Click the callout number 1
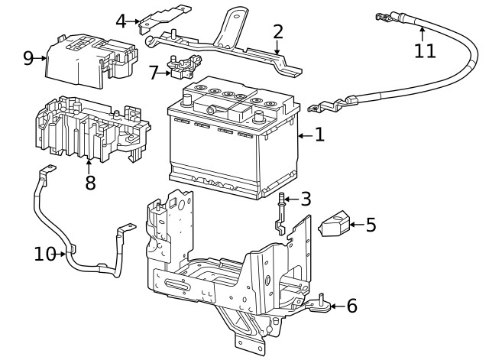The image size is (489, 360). coord(319,135)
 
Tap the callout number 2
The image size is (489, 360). coord(278,31)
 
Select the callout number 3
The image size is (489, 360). coord(306,199)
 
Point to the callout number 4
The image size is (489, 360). coord(121,21)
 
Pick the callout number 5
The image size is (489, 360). coord(371,225)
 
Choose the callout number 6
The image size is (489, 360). coord(351,306)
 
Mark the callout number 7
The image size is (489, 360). coord(154,73)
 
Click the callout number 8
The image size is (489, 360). coord(90,183)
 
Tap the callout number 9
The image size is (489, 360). coord(28,58)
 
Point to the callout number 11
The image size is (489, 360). coord(425,51)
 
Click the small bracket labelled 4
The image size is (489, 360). coord(163,20)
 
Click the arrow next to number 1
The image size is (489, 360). coord(303,135)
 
